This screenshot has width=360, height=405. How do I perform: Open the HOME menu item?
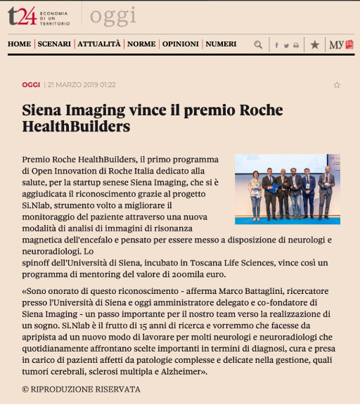19,44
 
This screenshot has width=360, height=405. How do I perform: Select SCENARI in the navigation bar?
54,44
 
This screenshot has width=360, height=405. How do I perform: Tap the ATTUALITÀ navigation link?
99,44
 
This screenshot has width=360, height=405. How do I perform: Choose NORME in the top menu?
141,44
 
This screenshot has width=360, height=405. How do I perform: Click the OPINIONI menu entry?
180,44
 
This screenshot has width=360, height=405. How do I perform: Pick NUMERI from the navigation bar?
221,44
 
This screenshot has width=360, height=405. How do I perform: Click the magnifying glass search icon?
258,44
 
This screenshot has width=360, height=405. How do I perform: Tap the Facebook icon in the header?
276,45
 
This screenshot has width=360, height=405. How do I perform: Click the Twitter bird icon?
286,45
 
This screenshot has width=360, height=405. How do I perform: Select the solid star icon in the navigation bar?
314,44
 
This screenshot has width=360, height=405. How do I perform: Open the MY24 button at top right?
341,44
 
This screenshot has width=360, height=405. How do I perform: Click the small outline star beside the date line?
337,85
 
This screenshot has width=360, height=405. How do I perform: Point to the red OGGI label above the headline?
31,85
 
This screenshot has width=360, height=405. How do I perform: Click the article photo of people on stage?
288,189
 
